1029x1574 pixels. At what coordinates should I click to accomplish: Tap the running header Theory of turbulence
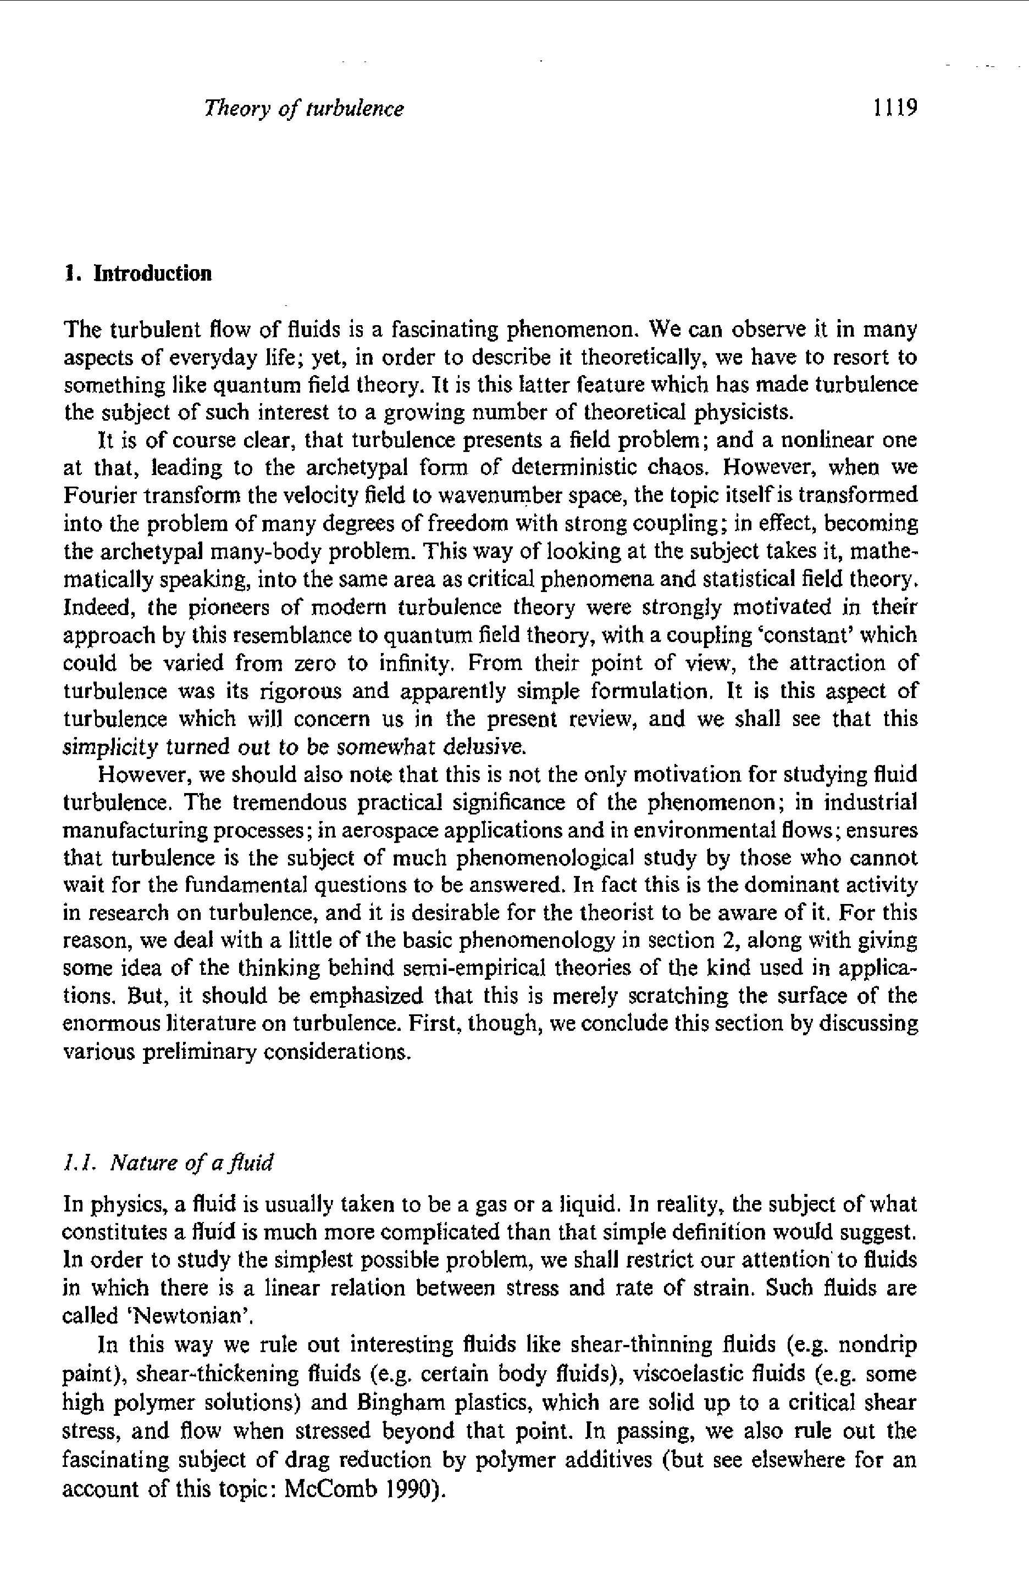pos(304,108)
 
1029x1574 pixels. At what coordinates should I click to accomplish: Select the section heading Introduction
pos(153,273)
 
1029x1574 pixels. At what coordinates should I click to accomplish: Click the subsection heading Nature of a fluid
pos(191,1163)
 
